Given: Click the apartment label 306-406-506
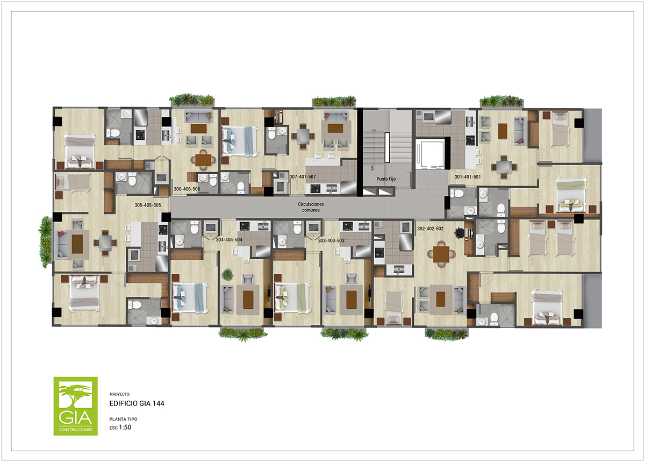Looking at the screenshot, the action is coord(187,189).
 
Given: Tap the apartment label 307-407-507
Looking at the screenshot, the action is coord(303,176).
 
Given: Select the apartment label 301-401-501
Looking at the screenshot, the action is coord(468,176).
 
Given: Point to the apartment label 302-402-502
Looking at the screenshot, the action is coord(430,229).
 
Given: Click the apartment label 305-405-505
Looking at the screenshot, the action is coord(148,205).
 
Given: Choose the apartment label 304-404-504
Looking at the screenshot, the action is coord(229,239).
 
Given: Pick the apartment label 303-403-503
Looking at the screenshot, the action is coord(331,240).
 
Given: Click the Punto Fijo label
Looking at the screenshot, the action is coord(386,179).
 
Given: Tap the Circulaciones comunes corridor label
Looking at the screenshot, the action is coord(311,207).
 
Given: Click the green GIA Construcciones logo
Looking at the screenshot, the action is coord(75,406).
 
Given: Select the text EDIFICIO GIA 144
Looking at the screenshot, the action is coord(137,403).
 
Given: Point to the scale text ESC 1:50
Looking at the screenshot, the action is coord(120,428).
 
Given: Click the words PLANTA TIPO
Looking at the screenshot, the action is coord(123,419).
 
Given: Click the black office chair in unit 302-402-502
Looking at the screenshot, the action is coord(459,233).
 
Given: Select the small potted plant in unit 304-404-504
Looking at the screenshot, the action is coord(227,274).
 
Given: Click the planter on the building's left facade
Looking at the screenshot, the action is coord(46,242).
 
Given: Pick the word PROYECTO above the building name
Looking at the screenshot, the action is coord(120,394).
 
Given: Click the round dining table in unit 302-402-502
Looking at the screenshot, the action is coord(441,254).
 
